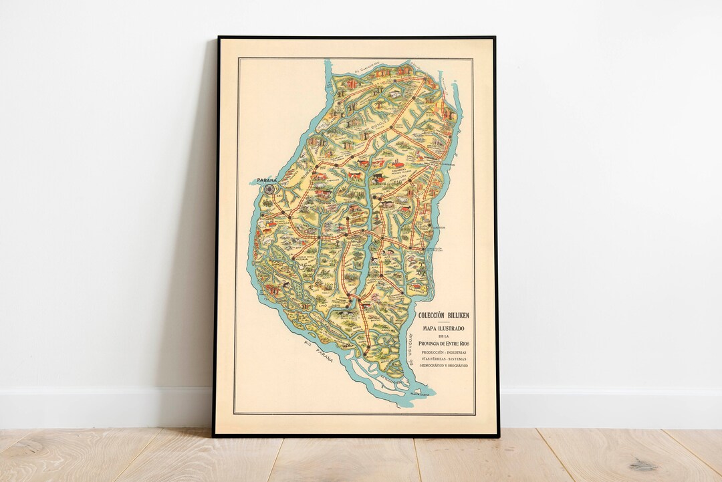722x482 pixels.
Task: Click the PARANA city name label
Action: click(x=261, y=178)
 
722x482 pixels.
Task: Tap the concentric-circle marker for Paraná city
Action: click(x=269, y=189)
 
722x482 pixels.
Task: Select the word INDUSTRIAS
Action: click(x=458, y=352)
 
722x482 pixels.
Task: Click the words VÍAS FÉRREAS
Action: click(x=433, y=359)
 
